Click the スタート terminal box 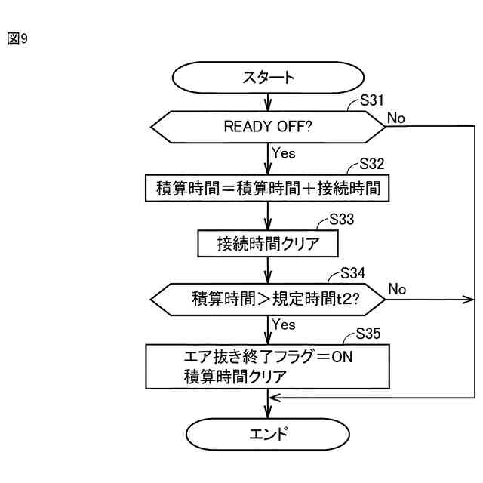[268, 78]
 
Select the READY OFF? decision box [268, 126]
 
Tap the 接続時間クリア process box [268, 244]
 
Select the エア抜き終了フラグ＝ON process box [268, 366]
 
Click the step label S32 [372, 164]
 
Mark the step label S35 [372, 333]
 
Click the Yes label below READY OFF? [283, 153]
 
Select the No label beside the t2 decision [398, 290]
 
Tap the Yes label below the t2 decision [283, 325]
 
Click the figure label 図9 [17, 37]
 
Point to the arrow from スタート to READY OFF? [268, 101]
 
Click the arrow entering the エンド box [268, 408]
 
